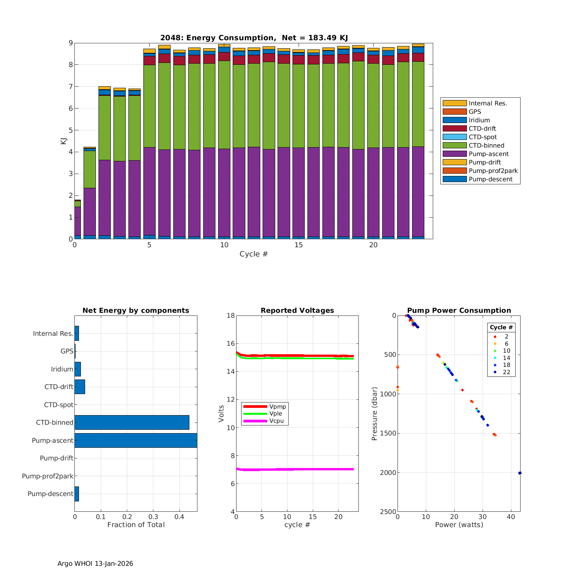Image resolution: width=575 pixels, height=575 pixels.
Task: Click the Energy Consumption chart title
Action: click(254, 38)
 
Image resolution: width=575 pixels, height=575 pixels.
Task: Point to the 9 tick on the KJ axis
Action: click(71, 43)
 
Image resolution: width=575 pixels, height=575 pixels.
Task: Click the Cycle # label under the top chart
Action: click(253, 254)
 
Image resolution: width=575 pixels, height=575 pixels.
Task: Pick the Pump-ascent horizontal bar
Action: click(136, 440)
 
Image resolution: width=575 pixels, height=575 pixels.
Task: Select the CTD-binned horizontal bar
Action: click(132, 422)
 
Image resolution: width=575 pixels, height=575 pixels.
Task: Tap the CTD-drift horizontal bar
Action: click(80, 387)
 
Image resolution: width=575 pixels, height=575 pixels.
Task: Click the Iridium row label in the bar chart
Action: click(62, 369)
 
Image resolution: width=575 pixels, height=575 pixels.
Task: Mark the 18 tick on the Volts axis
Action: click(231, 315)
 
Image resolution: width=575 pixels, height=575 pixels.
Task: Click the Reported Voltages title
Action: click(297, 310)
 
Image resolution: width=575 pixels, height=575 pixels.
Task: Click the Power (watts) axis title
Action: click(459, 525)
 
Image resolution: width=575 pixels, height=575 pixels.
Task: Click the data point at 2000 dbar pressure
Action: click(520, 473)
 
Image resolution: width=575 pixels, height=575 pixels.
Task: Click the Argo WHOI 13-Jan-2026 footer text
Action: click(95, 563)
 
